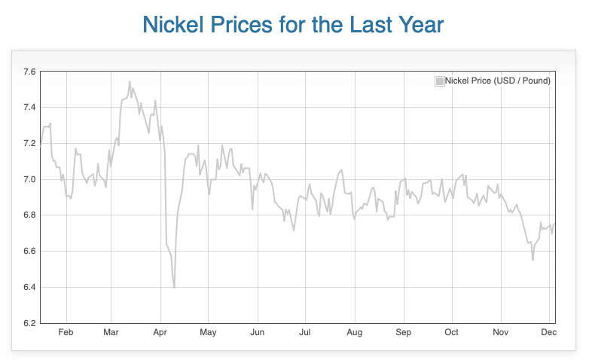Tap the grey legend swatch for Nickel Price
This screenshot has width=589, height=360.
(439, 81)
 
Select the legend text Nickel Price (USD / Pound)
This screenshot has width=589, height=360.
(498, 81)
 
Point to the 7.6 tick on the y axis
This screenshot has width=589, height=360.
(29, 72)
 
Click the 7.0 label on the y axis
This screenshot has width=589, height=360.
(29, 179)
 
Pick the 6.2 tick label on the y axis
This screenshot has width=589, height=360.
(29, 323)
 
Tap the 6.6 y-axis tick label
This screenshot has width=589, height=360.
(29, 252)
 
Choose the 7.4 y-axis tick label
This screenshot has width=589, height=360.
(29, 108)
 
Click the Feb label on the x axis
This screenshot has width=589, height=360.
(66, 332)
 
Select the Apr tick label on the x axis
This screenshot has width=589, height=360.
(160, 332)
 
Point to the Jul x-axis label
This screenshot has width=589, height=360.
(305, 332)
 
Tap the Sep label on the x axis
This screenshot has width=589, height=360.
(404, 332)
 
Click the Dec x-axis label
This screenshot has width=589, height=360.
(548, 332)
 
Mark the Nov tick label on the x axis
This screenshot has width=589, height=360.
(500, 332)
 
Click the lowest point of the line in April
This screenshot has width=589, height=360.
(174, 288)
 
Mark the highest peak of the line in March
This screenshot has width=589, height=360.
(130, 81)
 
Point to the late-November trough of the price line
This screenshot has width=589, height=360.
(533, 260)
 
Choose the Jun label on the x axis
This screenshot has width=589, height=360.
(258, 332)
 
